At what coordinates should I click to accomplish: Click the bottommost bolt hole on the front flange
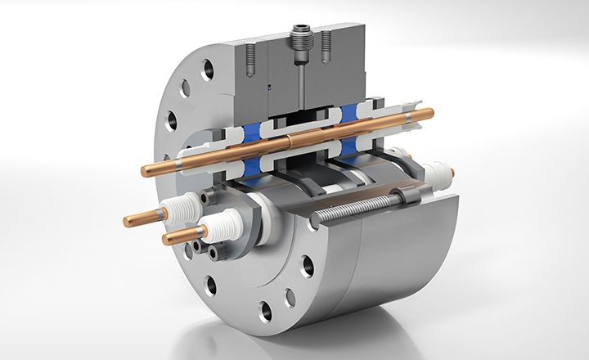tap(265, 310)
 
